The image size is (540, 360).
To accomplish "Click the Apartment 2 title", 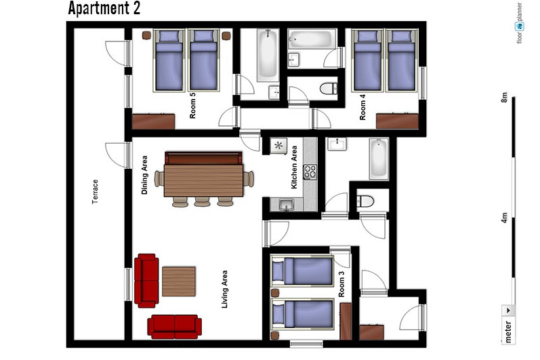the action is pos(104,8).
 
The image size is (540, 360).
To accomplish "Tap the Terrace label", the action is pos(95,192).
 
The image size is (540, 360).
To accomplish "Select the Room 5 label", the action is pos(192,106).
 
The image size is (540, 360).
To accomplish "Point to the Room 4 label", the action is pos(362,107).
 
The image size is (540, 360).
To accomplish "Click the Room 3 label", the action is pos(341,284).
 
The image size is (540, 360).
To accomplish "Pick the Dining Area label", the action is pos(144,175).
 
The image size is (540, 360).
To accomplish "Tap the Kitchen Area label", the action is pos(294,167).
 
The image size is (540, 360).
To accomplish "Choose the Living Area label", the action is pos(224,289).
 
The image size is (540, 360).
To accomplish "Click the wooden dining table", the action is pos(203,180).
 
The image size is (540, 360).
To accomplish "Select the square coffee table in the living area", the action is pos(179,281).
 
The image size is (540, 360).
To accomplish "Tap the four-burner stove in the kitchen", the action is pos(310,172).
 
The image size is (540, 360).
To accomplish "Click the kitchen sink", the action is pos(287,205).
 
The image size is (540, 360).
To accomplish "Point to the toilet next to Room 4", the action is pos(329,89).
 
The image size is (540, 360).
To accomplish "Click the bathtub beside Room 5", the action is pos(268,55).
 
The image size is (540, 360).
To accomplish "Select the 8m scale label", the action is pos(504,97).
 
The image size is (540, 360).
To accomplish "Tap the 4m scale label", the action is pos(504,218).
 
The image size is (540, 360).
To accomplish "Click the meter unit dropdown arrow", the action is pos(508,311).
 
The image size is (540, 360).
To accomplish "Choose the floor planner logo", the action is pos(520,23).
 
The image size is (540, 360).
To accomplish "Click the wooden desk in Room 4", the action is pos(397,121).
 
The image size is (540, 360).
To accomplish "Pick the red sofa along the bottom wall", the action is pos(175,327).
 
